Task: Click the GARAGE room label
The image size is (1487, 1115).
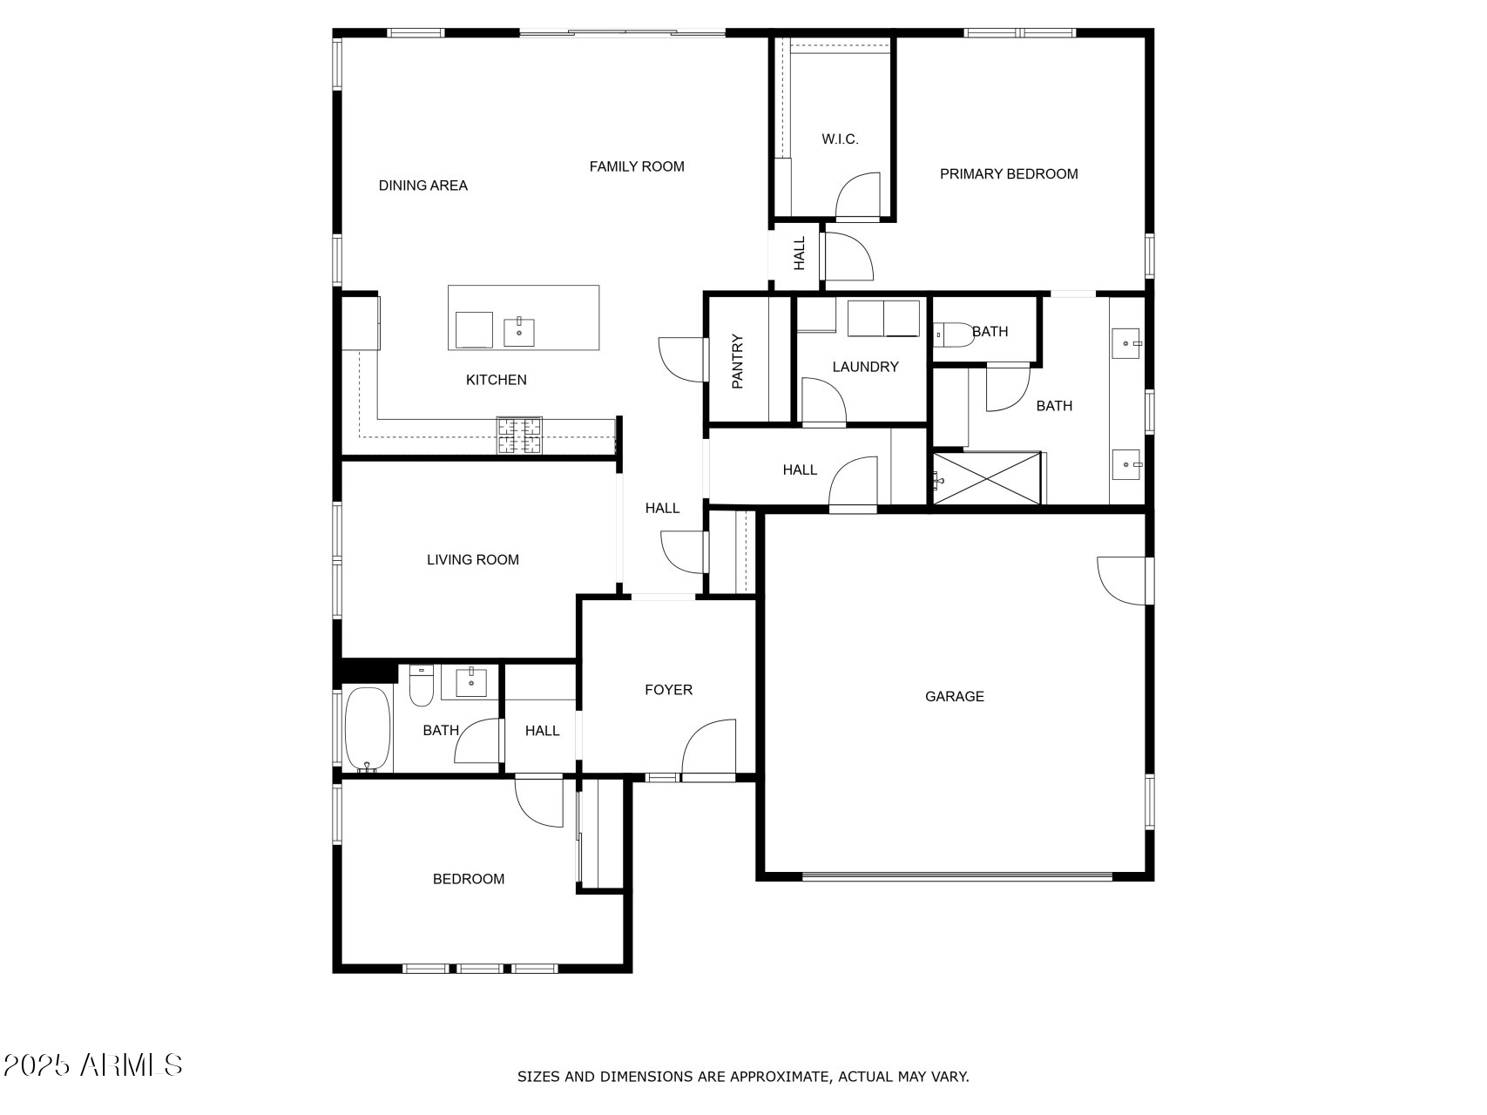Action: pyautogui.click(x=954, y=696)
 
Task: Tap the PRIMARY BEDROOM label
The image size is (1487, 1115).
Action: pyautogui.click(x=1008, y=174)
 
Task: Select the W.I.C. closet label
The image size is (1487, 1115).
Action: pyautogui.click(x=840, y=139)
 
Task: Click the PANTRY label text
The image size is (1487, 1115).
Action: pyautogui.click(x=738, y=362)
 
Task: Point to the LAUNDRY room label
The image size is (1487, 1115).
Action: pyautogui.click(x=865, y=367)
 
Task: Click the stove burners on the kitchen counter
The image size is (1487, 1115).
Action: pyautogui.click(x=519, y=436)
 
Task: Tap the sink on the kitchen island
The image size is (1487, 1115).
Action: pyautogui.click(x=519, y=332)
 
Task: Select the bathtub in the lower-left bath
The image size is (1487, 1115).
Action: pyautogui.click(x=367, y=728)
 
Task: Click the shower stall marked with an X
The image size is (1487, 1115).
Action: pyautogui.click(x=987, y=477)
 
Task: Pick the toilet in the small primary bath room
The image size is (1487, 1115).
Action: pyautogui.click(x=951, y=335)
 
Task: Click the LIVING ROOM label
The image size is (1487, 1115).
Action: pyautogui.click(x=472, y=560)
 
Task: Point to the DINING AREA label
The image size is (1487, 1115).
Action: pyautogui.click(x=422, y=186)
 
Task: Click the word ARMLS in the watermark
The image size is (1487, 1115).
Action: pyautogui.click(x=132, y=1064)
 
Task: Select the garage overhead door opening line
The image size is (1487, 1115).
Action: pyautogui.click(x=956, y=877)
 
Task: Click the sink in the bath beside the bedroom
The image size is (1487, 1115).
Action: pyautogui.click(x=471, y=682)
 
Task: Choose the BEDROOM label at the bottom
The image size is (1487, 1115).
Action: pyautogui.click(x=468, y=879)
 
